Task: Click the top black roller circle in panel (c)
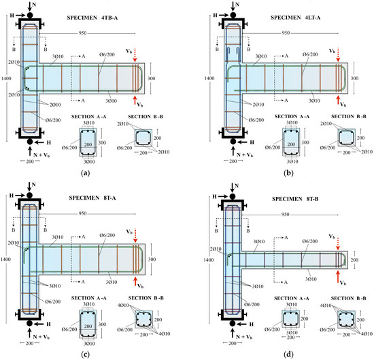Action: coord(30,195)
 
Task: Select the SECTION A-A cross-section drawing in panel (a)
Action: coord(87,142)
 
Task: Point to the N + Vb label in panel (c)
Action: coord(31,336)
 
